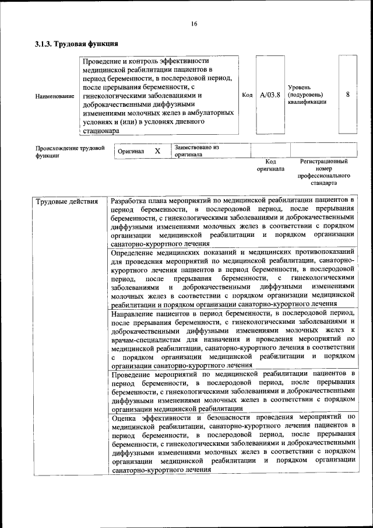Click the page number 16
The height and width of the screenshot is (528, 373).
point(194,23)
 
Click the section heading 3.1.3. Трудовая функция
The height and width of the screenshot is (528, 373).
point(77,43)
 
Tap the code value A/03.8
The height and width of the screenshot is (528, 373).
point(270,95)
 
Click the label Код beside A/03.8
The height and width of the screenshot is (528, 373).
point(247,95)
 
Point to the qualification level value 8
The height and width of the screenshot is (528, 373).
point(348,95)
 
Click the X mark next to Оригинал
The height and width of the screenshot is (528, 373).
point(157,151)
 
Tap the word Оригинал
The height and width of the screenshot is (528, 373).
point(131,151)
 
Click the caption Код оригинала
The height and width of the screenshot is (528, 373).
point(270,165)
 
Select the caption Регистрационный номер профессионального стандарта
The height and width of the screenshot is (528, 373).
point(323,172)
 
